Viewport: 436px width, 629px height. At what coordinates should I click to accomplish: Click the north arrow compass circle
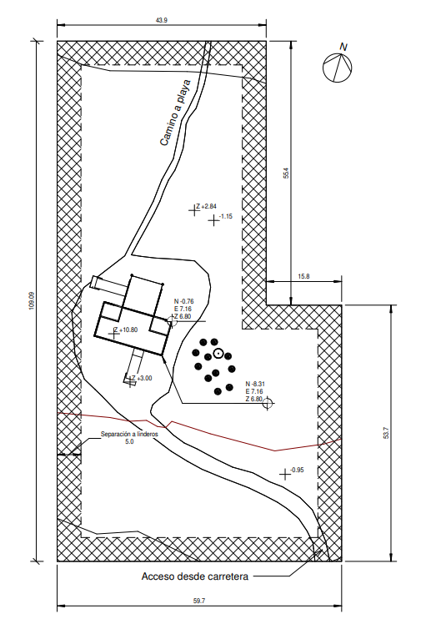323,68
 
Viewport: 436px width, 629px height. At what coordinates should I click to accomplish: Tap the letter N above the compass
343,47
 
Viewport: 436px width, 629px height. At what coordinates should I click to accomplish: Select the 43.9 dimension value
162,21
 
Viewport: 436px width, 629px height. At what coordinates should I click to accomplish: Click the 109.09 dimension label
32,300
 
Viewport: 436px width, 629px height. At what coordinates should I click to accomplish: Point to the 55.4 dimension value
286,173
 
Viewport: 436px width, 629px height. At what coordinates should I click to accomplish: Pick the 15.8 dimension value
303,276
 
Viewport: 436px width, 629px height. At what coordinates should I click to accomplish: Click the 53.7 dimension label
386,433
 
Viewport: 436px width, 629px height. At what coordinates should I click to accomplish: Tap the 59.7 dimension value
199,601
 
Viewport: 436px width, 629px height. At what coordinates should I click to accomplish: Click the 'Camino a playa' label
175,113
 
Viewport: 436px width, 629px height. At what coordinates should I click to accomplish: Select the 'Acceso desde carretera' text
195,576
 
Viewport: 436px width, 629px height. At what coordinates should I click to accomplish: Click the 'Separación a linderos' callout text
129,434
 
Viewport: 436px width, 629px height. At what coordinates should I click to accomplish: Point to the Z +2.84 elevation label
207,206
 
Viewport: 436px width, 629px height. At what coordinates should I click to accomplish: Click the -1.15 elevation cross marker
213,220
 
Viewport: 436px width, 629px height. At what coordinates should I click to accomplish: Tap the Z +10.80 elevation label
125,330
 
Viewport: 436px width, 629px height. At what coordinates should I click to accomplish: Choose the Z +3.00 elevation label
142,378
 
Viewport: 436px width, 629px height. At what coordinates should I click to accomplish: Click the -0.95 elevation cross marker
285,475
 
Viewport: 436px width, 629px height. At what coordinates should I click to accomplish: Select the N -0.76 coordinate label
184,302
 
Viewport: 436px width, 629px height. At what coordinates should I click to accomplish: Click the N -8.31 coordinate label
255,384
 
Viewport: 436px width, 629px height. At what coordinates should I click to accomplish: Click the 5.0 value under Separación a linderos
129,441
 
